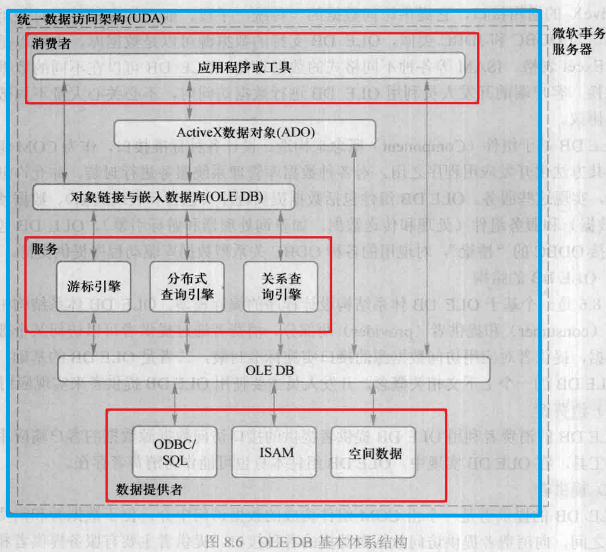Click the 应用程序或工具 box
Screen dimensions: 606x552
(245, 68)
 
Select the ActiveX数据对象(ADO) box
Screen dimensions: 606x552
(245, 133)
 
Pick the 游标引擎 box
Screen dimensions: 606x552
(94, 286)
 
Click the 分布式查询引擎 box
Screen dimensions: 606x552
(187, 286)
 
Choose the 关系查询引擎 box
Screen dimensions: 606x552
(281, 286)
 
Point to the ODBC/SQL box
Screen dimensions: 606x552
(174, 452)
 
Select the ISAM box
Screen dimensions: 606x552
(276, 452)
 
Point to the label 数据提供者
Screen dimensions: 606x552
(149, 488)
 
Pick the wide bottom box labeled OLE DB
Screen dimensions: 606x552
(274, 370)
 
